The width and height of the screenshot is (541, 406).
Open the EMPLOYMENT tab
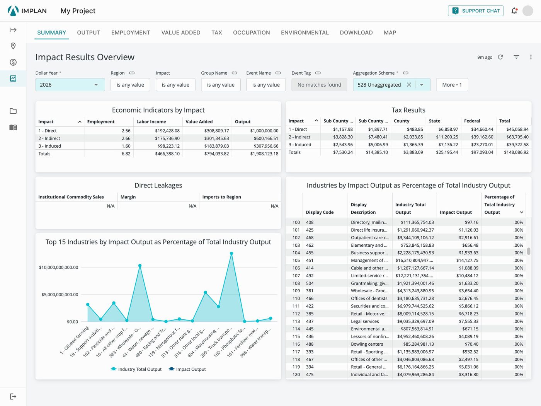pyautogui.click(x=131, y=32)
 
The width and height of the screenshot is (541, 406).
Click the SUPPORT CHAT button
pyautogui.click(x=475, y=11)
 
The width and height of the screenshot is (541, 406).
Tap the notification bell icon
pyautogui.click(x=514, y=11)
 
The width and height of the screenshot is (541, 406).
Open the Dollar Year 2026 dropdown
pyautogui.click(x=70, y=85)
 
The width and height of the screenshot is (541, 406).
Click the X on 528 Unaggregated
pyautogui.click(x=409, y=85)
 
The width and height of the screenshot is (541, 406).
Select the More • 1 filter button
pyautogui.click(x=452, y=85)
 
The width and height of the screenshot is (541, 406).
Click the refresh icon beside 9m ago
pyautogui.click(x=500, y=57)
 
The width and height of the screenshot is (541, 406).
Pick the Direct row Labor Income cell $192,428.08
pyautogui.click(x=167, y=131)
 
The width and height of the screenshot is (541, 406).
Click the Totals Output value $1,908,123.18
pyautogui.click(x=264, y=154)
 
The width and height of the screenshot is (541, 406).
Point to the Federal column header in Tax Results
pyautogui.click(x=472, y=121)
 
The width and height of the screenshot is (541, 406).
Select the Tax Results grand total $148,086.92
pyautogui.click(x=516, y=152)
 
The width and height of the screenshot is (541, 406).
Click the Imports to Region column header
pyautogui.click(x=221, y=197)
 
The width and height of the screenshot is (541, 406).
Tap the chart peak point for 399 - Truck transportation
pyautogui.click(x=231, y=253)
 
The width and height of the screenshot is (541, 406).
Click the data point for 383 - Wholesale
pyautogui.click(x=140, y=266)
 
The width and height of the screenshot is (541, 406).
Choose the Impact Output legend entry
pyautogui.click(x=187, y=369)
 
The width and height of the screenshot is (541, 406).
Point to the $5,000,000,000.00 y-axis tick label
pyautogui.click(x=60, y=295)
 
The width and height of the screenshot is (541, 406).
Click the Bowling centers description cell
pyautogui.click(x=367, y=344)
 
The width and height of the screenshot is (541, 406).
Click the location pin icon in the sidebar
pyautogui.click(x=13, y=46)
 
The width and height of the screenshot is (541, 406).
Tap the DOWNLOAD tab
pyautogui.click(x=356, y=32)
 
